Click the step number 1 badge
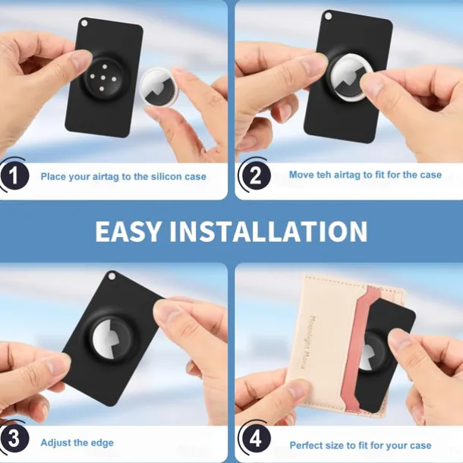[14, 175]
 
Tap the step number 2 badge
[256, 175]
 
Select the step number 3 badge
[14, 439]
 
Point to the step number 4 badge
[256, 439]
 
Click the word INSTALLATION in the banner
[269, 231]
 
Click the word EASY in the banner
[129, 231]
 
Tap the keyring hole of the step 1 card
[84, 23]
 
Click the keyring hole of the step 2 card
[329, 16]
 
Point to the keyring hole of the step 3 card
[112, 276]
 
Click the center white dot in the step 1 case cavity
[103, 77]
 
